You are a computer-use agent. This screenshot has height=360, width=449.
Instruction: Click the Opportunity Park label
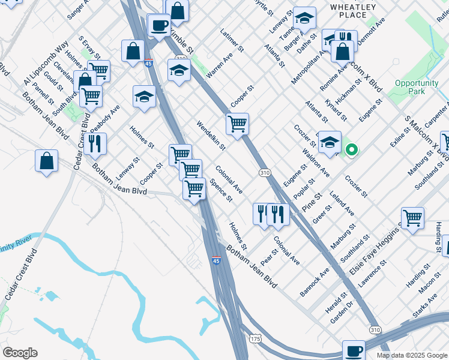coord(418,87)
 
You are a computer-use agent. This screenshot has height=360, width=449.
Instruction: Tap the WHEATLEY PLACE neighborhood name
coord(354,11)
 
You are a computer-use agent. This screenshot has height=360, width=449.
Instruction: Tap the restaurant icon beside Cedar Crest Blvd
coord(95,143)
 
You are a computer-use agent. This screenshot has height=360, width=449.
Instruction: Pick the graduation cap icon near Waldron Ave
coord(330,142)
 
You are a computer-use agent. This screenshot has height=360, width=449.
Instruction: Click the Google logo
coord(20,353)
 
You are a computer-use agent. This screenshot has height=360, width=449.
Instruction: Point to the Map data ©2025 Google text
coord(411,355)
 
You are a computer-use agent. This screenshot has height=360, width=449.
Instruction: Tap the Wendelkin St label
coord(211,135)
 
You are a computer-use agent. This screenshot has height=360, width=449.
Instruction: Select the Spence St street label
coord(221,190)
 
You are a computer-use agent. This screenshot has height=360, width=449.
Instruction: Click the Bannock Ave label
coord(315,281)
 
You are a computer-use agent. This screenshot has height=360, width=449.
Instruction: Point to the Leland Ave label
coord(342,203)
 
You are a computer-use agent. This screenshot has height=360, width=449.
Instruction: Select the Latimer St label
coord(232,40)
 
